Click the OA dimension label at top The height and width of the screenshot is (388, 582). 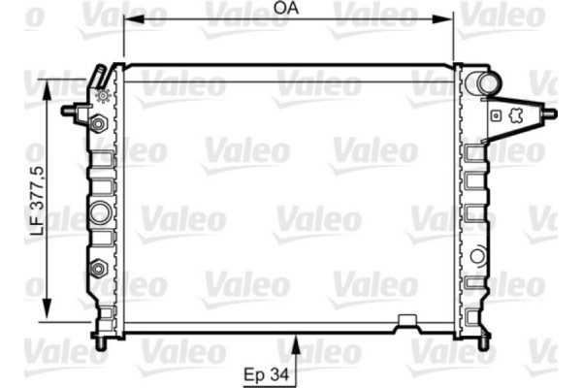coord(286,8)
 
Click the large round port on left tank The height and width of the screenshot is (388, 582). coord(99,212)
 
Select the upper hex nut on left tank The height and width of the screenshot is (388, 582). coord(98,125)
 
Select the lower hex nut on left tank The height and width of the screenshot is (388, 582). coord(98,268)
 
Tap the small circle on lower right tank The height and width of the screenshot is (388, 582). coord(476,256)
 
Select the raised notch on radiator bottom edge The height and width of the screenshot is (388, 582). coord(406,320)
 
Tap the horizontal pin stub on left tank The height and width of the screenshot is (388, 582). coord(72,110)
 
